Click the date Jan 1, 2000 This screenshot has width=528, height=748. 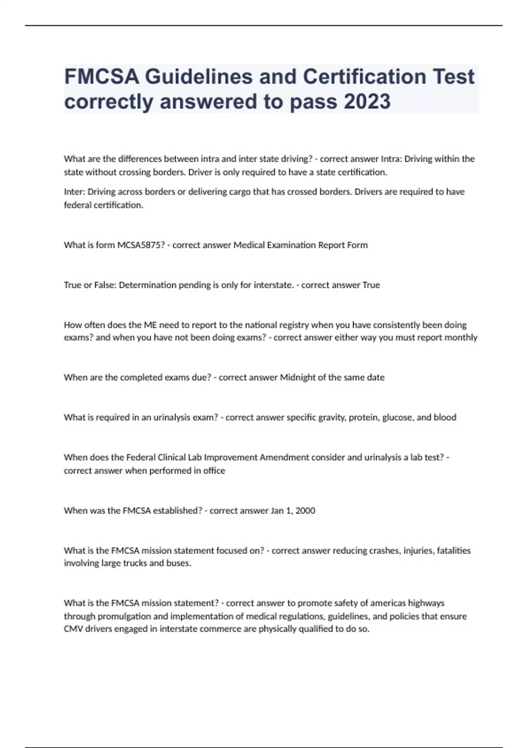click(x=293, y=511)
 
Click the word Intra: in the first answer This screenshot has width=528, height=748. click(x=391, y=159)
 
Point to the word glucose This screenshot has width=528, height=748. click(x=398, y=418)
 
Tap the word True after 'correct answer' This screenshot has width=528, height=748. click(x=371, y=285)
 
